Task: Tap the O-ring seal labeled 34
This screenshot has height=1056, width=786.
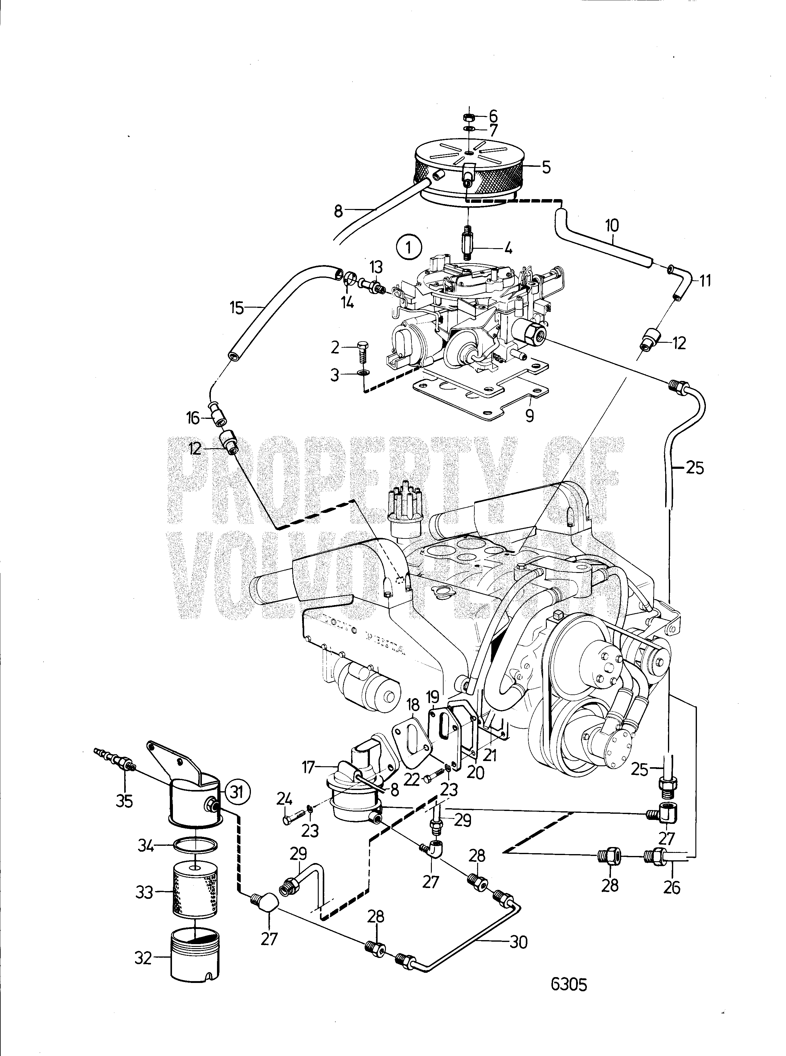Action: [x=195, y=845]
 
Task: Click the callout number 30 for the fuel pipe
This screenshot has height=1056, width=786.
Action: [x=518, y=941]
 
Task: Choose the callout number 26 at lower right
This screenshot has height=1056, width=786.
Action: [x=672, y=887]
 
